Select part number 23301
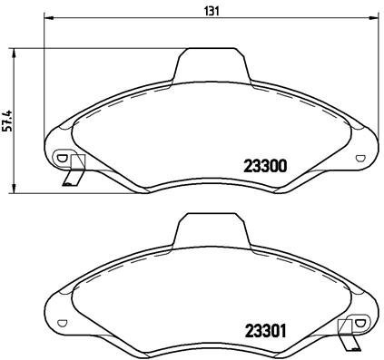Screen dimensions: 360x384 [266, 330]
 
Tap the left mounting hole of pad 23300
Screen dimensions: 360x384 [62, 157]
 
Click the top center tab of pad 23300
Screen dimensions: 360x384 [212, 65]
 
